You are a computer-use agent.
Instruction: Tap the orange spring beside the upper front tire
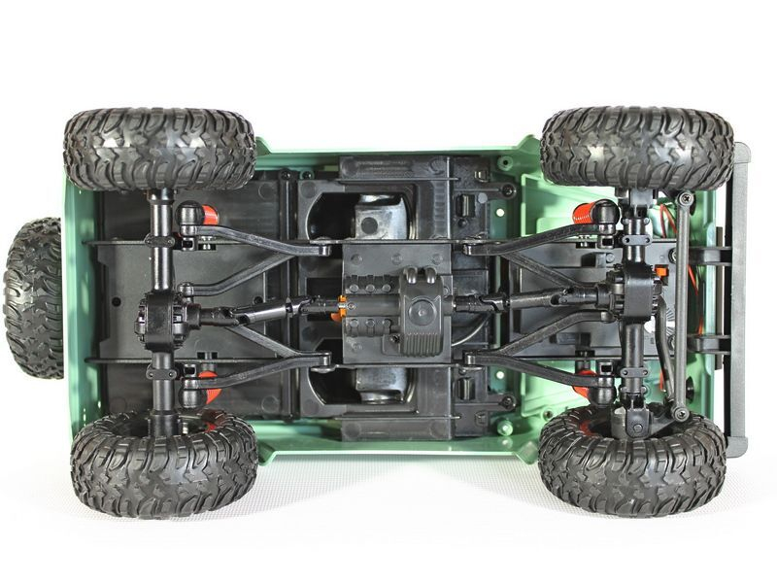pos(587,216)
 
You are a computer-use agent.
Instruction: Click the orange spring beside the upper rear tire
pos(190,214)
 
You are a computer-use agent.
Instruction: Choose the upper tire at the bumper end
pos(636,148)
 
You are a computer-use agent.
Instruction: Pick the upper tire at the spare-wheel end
pos(159,149)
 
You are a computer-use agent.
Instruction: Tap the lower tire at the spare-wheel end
pos(163,463)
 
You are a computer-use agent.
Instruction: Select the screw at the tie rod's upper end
pos(686,199)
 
